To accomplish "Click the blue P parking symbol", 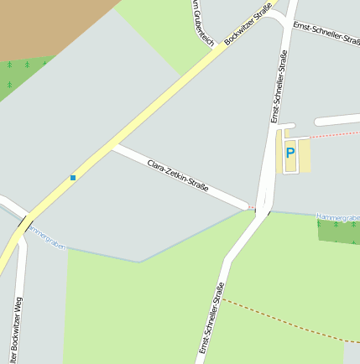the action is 290,153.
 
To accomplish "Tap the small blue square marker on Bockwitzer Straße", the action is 73,178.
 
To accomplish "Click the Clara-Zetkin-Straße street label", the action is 177,174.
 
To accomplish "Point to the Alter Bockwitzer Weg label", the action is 17,331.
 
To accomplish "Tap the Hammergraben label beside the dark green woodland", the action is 337,217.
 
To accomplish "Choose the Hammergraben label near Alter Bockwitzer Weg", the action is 46,238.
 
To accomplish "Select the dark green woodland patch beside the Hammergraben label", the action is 339,231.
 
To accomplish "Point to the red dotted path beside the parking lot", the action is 336,133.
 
